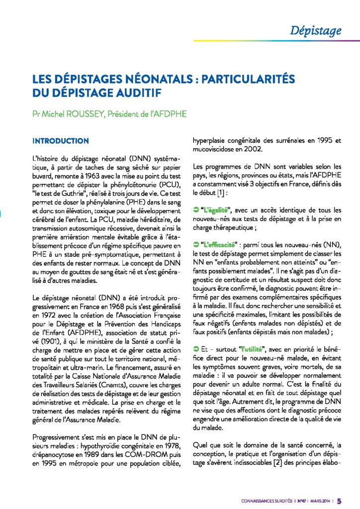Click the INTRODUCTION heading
coord(60,141)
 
